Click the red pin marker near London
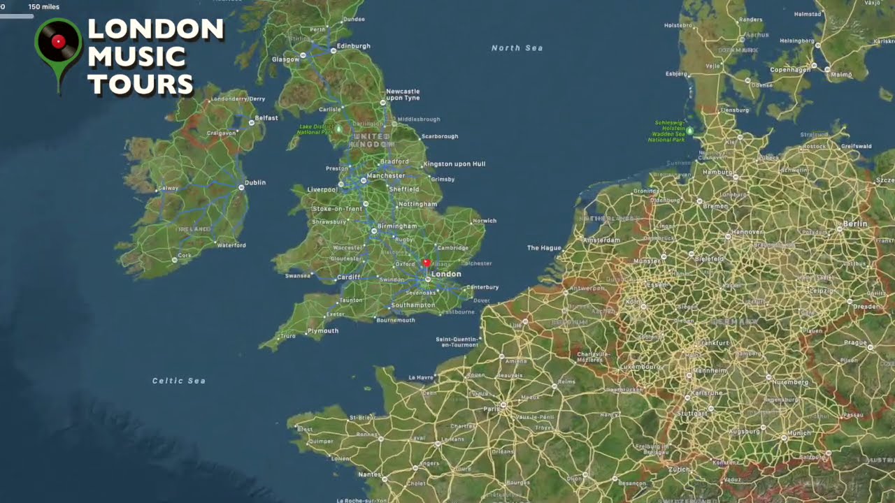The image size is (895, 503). (x=427, y=263)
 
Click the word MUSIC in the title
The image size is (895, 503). (x=137, y=57)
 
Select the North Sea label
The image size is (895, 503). (x=517, y=48)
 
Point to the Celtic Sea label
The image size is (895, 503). (x=178, y=381)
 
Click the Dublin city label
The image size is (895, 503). (x=255, y=183)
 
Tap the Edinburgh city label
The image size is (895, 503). (x=353, y=46)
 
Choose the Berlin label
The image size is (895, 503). (x=855, y=224)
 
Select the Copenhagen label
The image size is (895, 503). (x=790, y=70)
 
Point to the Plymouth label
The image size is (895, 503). (x=322, y=331)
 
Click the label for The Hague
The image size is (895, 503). (x=544, y=248)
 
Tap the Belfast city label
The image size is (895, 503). (x=266, y=118)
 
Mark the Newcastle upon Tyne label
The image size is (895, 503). (x=403, y=95)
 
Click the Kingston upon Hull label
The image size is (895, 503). (x=454, y=164)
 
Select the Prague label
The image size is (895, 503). (x=855, y=343)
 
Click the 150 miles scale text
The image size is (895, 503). (x=43, y=7)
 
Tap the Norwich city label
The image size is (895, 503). (x=485, y=221)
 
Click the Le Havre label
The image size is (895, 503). (x=421, y=377)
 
